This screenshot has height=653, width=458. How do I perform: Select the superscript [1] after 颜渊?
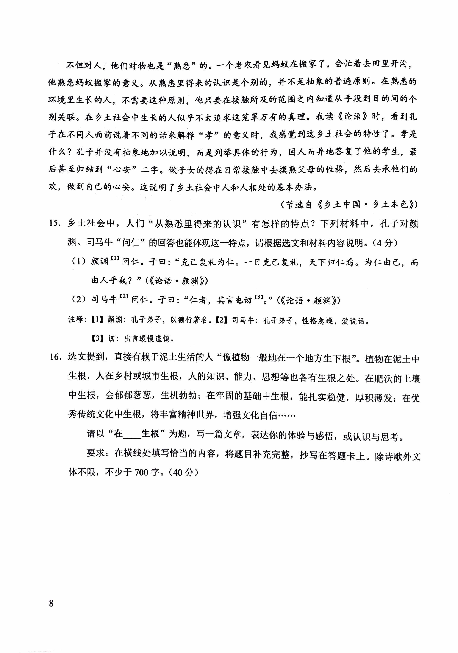tap(115, 259)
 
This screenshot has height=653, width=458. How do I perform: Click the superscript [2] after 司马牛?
tap(124, 296)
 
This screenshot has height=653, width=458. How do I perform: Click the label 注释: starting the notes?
tap(76, 320)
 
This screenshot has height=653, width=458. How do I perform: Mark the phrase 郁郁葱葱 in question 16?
tap(132, 396)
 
